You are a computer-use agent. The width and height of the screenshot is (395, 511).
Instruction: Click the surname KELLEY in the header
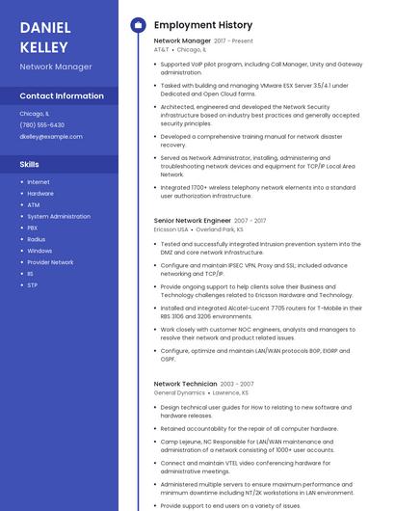(x=43, y=47)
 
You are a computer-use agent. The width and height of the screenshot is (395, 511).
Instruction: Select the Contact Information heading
(x=62, y=96)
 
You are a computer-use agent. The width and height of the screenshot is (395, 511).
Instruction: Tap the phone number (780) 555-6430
(x=41, y=125)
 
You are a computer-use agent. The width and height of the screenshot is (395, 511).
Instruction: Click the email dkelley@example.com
(x=51, y=137)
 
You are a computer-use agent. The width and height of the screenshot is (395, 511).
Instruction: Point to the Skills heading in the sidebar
(x=29, y=165)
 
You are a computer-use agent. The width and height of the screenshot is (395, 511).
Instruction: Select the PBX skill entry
(x=33, y=228)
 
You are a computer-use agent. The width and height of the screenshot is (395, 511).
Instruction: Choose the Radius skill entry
(x=36, y=239)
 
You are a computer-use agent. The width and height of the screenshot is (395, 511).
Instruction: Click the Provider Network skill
(x=50, y=262)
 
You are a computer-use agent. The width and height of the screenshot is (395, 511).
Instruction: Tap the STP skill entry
(x=32, y=285)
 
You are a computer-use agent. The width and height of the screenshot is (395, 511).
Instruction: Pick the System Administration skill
(x=58, y=216)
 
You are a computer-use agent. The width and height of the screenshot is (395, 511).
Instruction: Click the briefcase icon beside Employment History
(x=137, y=25)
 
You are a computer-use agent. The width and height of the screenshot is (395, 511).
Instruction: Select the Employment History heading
(x=202, y=25)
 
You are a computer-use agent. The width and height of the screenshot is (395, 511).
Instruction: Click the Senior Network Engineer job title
(x=193, y=221)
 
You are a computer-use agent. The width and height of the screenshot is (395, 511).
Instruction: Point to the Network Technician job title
(x=186, y=384)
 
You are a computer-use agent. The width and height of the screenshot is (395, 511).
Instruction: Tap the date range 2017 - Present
(x=234, y=41)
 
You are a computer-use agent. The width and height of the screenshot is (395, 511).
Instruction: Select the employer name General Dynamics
(x=179, y=392)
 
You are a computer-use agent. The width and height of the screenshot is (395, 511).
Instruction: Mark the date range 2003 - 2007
(x=237, y=384)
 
